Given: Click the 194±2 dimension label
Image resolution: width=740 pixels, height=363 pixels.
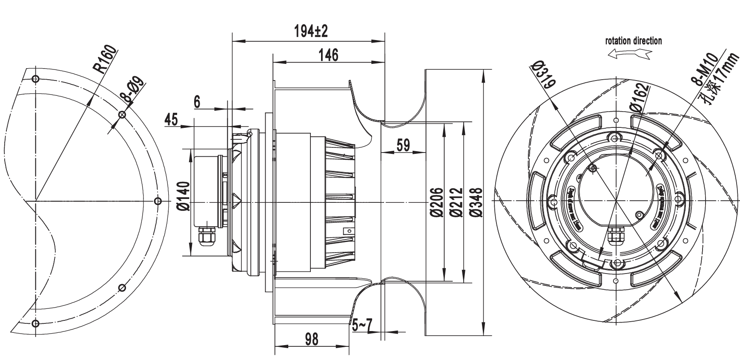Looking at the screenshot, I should [311, 31].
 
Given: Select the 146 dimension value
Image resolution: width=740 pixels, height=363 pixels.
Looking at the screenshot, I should [328, 55].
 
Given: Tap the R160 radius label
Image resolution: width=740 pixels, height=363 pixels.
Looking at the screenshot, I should [104, 59].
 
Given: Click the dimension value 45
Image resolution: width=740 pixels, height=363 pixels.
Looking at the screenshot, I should [171, 120].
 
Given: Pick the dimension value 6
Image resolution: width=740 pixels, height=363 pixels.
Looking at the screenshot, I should [197, 102].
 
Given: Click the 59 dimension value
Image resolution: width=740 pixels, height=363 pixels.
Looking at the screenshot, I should [403, 145].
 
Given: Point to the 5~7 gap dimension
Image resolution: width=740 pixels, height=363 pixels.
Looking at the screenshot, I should [362, 326].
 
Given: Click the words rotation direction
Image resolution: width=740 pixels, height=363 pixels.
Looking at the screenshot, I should [634, 41].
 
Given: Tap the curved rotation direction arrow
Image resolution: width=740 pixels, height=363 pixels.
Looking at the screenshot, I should [630, 54].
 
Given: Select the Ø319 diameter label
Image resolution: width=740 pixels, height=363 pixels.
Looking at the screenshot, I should [543, 74].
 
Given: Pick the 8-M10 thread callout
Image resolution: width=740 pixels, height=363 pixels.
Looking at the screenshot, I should [705, 71].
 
